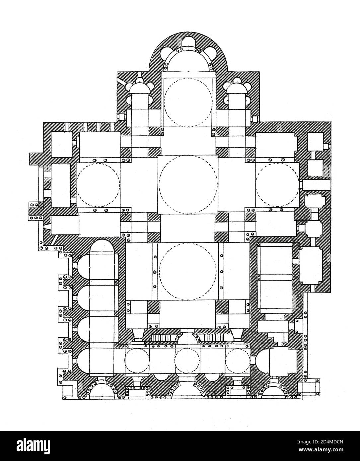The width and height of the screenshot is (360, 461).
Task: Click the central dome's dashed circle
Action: click(x=188, y=185)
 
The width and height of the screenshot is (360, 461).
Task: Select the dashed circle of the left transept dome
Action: click(x=98, y=185)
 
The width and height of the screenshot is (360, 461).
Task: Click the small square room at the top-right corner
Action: click(x=315, y=141)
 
